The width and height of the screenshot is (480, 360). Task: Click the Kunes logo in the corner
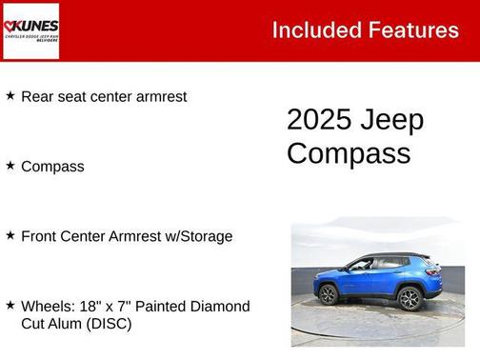[x=30, y=30]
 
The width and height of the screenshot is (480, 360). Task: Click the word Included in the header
[x=310, y=30]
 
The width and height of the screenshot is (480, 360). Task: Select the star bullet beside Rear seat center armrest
[x=10, y=95]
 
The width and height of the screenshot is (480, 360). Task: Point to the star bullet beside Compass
[x=10, y=165]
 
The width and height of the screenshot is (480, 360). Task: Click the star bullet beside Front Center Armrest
[x=10, y=234]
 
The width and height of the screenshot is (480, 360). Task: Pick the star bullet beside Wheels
[x=10, y=305]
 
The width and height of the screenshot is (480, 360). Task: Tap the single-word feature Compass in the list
[x=52, y=167]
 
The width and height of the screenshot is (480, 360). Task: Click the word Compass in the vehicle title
[x=349, y=152]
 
